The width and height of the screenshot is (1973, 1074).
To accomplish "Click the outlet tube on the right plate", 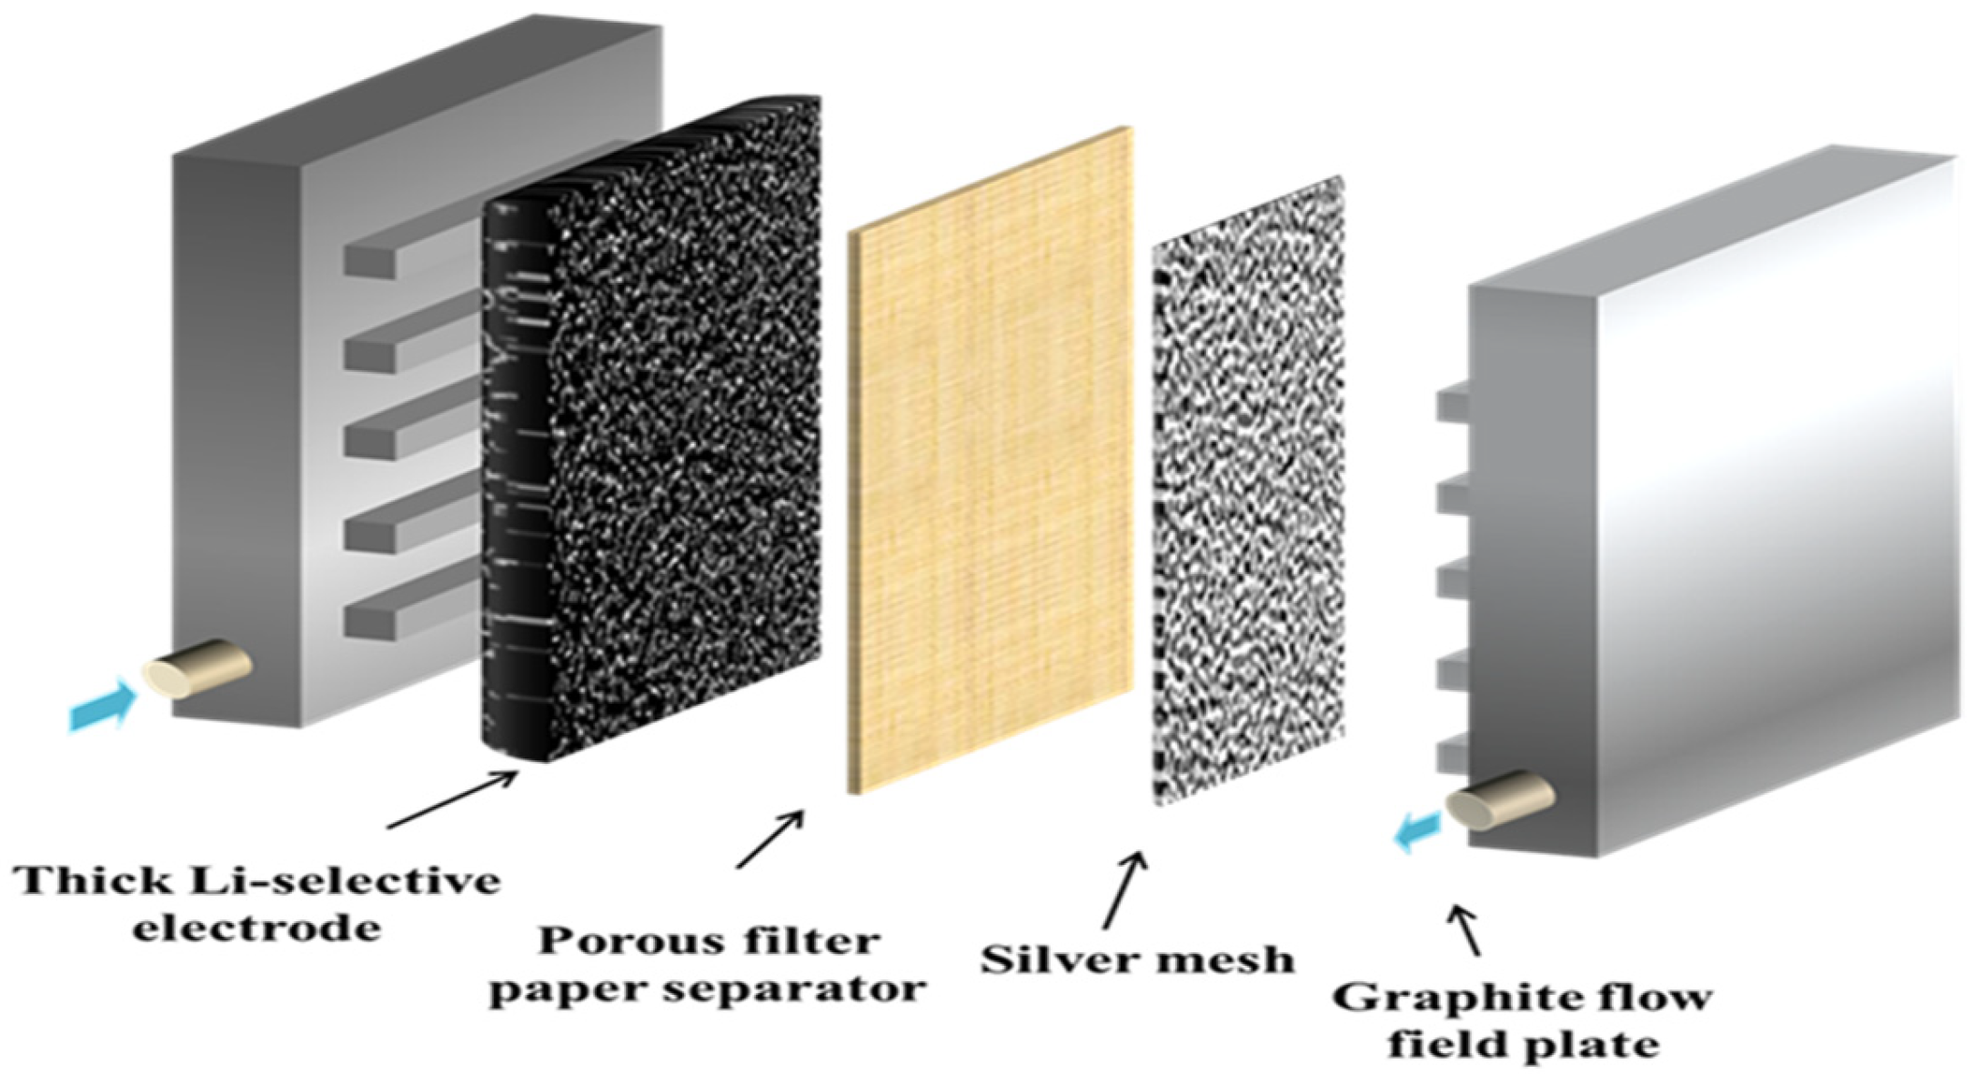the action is [1499, 799].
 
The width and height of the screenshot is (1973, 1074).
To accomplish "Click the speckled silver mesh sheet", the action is [1248, 491].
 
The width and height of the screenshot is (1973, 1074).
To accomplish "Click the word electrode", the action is [257, 929].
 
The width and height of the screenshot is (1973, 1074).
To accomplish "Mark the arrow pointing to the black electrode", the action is [452, 799].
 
